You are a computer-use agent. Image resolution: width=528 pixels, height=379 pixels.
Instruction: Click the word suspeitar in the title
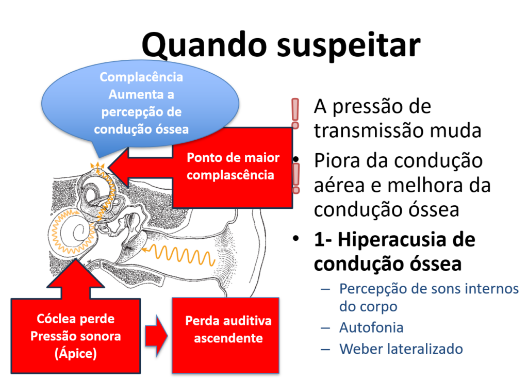[349, 45]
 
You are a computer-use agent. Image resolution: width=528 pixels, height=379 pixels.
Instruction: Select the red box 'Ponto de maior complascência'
[233, 166]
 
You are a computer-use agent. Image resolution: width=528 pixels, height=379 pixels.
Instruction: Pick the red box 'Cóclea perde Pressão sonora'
[76, 336]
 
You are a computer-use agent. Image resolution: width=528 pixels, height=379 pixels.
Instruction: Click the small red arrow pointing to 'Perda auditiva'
[156, 336]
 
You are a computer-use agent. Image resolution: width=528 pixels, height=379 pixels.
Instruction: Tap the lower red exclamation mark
[296, 178]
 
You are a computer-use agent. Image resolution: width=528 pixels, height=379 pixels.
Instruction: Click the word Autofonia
[371, 327]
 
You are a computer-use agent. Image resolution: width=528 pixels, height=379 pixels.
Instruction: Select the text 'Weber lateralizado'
[401, 349]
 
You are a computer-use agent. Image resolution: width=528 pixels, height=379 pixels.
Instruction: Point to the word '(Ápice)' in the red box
[76, 354]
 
